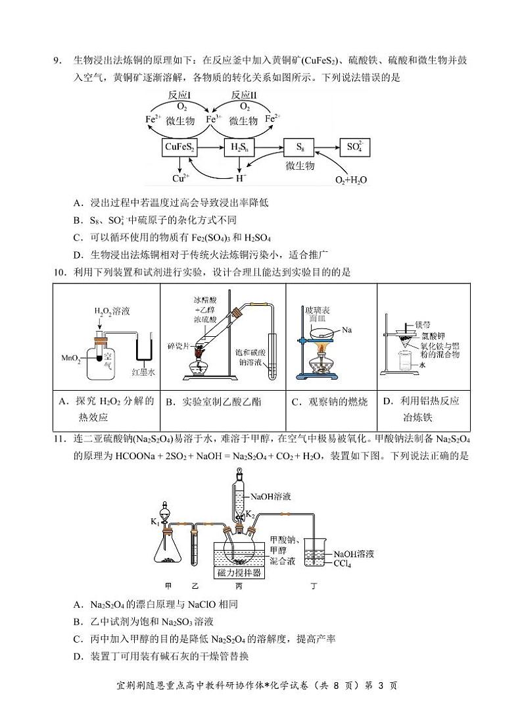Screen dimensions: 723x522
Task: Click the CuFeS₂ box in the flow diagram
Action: click(x=179, y=148)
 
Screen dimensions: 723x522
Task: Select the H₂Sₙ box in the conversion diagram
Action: click(x=239, y=148)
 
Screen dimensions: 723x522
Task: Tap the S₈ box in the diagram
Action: click(x=301, y=148)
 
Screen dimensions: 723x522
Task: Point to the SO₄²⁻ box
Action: click(x=358, y=148)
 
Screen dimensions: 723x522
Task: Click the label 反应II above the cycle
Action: click(x=245, y=95)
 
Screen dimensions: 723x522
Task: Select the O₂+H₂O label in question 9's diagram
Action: click(x=351, y=180)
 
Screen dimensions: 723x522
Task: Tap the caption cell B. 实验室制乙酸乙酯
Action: click(x=222, y=402)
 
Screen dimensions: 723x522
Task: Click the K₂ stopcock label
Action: click(x=250, y=514)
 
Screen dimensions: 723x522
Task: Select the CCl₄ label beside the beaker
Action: click(x=345, y=564)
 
